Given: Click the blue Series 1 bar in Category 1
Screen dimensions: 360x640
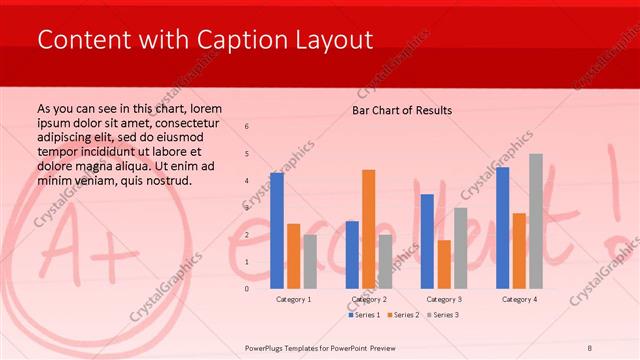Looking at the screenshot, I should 277,231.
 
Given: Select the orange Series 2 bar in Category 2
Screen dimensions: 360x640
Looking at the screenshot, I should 369,229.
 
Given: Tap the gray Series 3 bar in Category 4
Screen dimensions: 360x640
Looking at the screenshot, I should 536,221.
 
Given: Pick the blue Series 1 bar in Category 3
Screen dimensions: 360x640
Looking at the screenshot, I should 427,241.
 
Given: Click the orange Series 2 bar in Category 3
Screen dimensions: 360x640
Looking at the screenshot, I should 444,264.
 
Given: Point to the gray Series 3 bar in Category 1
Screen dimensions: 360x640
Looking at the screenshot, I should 310,262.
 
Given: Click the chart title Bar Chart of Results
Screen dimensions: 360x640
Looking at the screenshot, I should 402,110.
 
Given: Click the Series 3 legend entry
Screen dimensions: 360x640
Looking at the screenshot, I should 441,315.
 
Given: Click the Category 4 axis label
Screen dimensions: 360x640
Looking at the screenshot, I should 519,299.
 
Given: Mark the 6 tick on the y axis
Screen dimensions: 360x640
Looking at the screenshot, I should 247,127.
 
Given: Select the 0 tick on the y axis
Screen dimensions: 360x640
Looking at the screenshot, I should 247,289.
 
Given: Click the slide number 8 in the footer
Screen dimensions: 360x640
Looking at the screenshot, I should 590,347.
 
